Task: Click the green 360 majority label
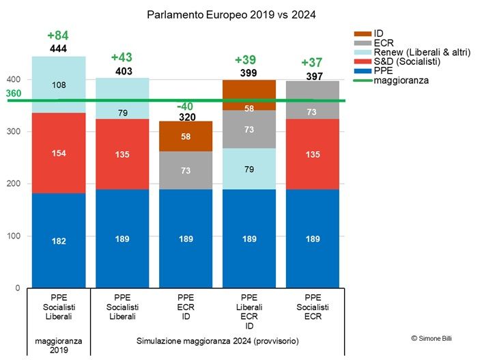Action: pos(14,94)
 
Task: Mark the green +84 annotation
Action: pos(58,36)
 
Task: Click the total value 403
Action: pos(123,71)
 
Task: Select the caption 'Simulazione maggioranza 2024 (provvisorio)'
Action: pos(218,340)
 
